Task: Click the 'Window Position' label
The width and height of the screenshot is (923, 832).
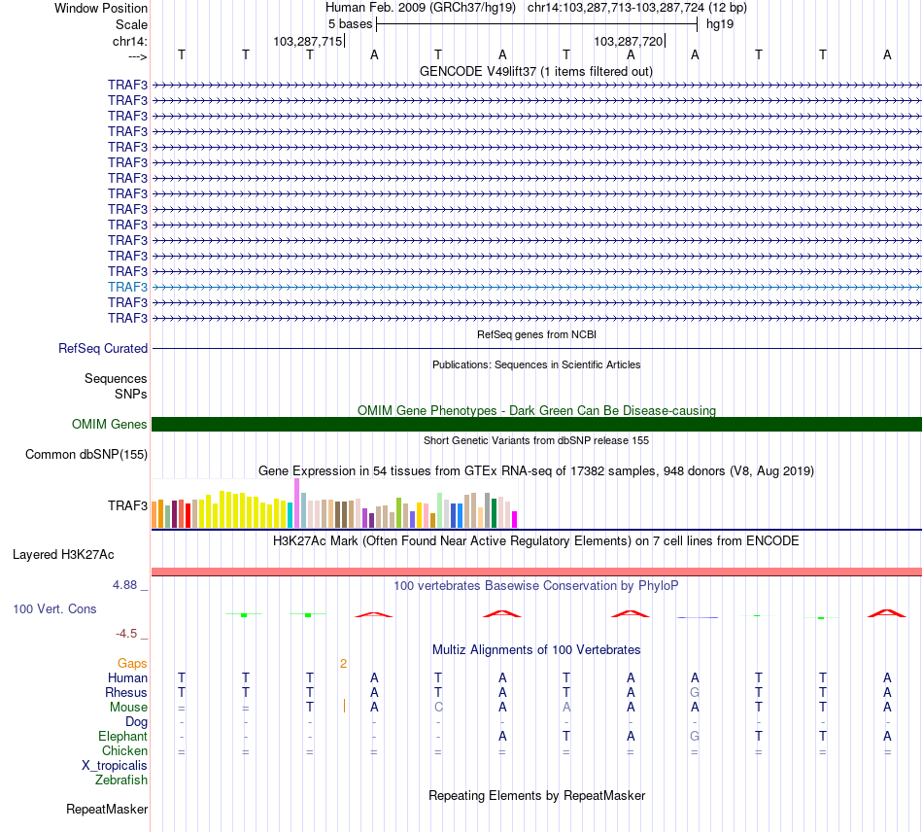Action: [x=101, y=8]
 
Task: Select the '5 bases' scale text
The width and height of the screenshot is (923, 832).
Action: [x=350, y=23]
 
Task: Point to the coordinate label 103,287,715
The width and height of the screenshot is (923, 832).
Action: [x=307, y=42]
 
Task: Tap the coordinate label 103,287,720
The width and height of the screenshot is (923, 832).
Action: [x=628, y=42]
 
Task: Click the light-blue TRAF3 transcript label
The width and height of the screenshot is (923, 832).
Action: [x=127, y=287]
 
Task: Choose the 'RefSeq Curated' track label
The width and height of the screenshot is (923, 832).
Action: [x=103, y=348]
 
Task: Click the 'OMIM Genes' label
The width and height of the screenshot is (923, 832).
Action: [x=110, y=424]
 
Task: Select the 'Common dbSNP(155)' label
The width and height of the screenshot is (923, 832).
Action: [x=86, y=454]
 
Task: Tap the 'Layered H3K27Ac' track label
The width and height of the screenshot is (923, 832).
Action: [x=63, y=555]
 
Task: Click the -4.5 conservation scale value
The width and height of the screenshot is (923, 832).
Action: [x=127, y=634]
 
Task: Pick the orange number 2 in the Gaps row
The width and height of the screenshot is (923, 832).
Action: [x=343, y=664]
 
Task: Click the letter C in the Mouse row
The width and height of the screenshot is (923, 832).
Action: [x=438, y=708]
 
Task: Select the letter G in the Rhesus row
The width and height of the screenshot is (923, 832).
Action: [x=695, y=693]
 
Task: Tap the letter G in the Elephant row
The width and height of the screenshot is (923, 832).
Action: [x=695, y=737]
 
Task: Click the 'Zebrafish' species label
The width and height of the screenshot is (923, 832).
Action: [x=121, y=780]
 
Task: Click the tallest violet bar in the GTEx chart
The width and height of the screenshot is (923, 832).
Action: [x=295, y=503]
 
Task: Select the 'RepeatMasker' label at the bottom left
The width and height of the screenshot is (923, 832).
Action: [x=107, y=809]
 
